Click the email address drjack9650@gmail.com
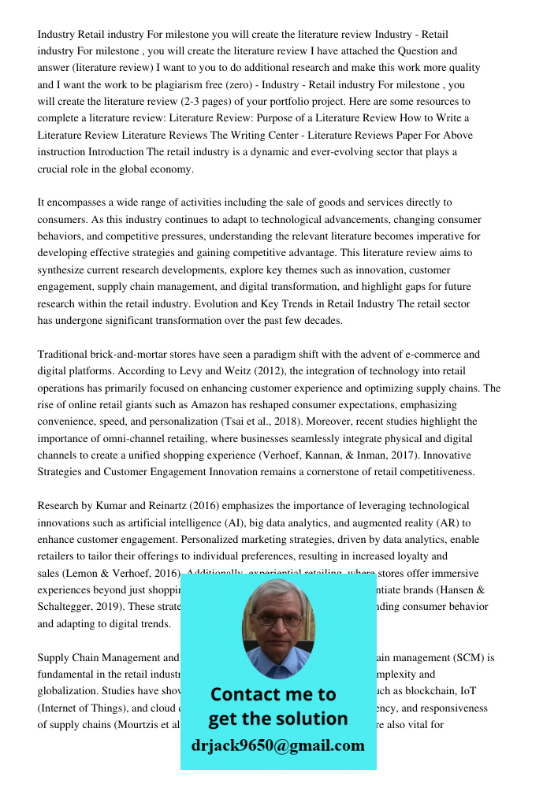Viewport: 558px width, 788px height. point(278,745)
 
